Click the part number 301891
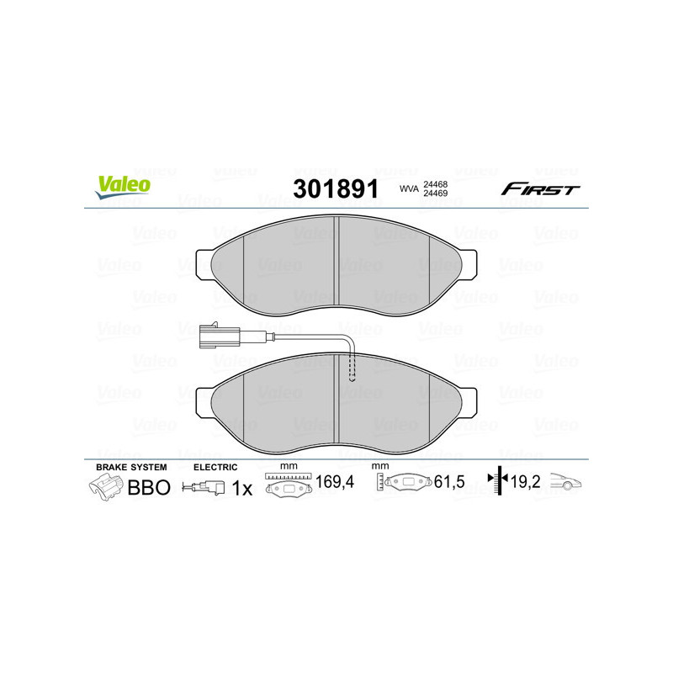click(x=334, y=188)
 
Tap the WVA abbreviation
click(x=409, y=189)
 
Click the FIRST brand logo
click(x=540, y=189)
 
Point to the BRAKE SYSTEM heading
click(x=131, y=466)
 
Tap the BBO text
click(x=149, y=487)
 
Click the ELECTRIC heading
click(x=216, y=466)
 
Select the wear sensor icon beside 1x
click(x=204, y=487)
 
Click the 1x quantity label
click(x=241, y=487)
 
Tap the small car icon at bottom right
click(x=569, y=484)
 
